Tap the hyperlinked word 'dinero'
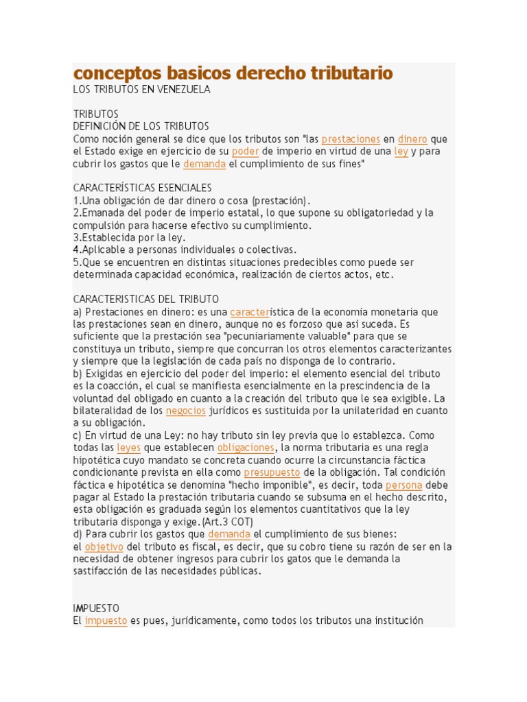[x=412, y=139]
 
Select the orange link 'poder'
[x=245, y=152]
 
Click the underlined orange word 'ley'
[x=401, y=152]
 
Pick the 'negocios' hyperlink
[x=186, y=411]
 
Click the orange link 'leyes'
[x=128, y=448]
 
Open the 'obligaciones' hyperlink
[x=246, y=448]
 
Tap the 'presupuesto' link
[x=272, y=472]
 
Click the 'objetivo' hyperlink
[x=104, y=546]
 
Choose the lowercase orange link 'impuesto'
[x=106, y=620]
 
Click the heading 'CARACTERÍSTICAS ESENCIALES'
[x=142, y=188]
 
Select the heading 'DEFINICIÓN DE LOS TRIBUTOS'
[x=141, y=126]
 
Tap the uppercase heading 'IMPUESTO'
[x=96, y=608]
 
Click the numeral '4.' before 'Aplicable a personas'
[x=77, y=250]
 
